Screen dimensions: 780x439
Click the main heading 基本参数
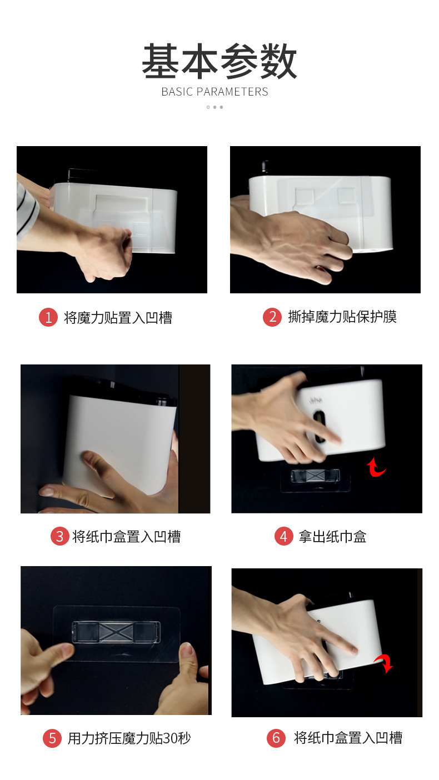(219, 62)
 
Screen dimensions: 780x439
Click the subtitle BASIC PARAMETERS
(214, 92)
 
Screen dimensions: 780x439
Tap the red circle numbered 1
(48, 318)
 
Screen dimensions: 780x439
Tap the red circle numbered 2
(272, 317)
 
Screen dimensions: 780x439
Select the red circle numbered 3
(59, 537)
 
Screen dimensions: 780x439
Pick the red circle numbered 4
(283, 537)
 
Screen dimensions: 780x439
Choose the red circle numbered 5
(52, 738)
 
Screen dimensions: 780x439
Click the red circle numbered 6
(276, 738)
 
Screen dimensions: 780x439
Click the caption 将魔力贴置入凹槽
(118, 318)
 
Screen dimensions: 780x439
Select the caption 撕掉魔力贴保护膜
(342, 317)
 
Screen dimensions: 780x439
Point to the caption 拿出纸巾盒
(332, 537)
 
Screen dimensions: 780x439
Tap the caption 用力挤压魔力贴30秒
(129, 738)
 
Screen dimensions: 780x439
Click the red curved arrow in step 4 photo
(377, 468)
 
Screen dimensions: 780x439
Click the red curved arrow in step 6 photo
(383, 662)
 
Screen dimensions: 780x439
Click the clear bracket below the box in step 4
(316, 477)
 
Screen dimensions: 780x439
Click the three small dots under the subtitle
(214, 107)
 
